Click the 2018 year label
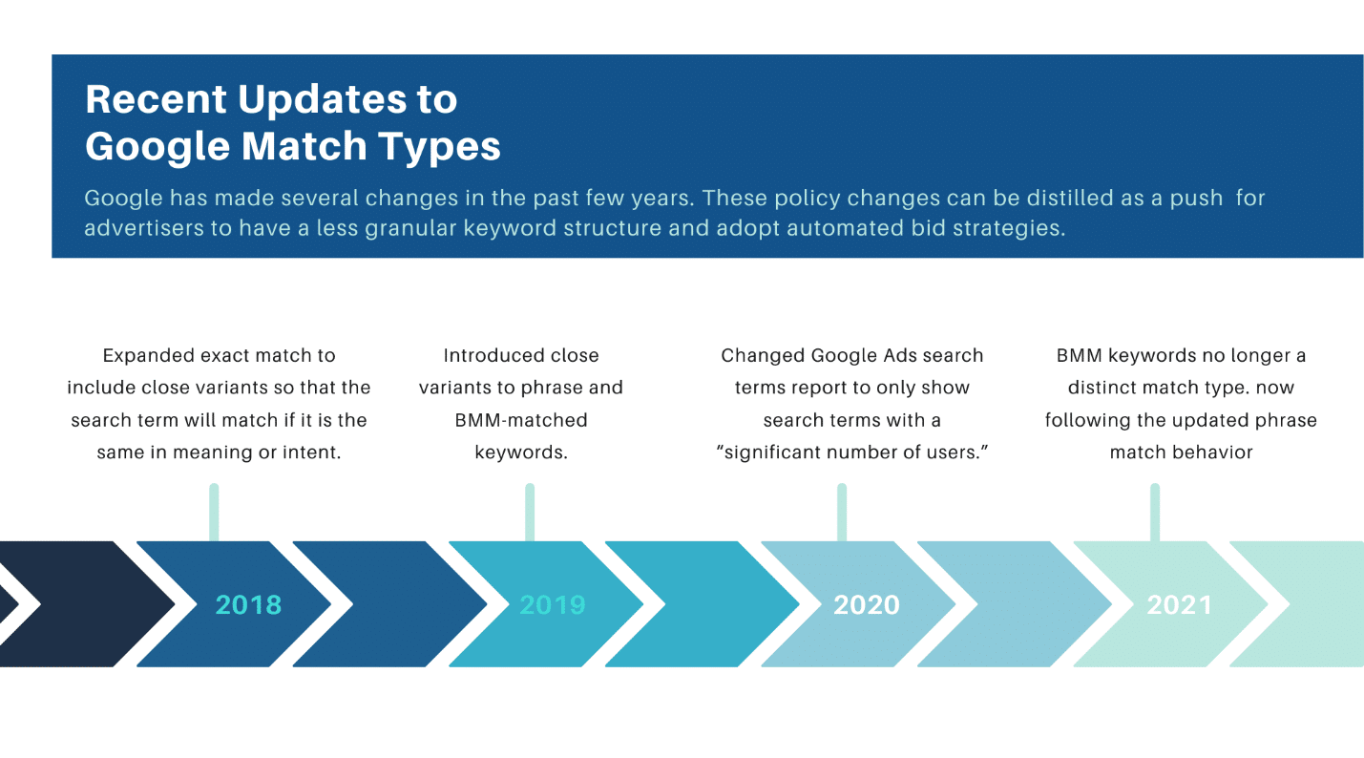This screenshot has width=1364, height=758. tap(248, 604)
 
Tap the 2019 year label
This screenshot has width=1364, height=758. tap(553, 604)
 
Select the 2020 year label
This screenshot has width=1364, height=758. tap(867, 604)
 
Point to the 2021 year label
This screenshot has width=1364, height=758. tap(1180, 604)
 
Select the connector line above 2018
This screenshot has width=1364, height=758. tap(214, 512)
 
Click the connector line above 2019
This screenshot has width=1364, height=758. tap(530, 512)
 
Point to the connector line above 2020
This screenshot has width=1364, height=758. tap(842, 512)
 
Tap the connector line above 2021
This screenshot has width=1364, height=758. tap(1155, 512)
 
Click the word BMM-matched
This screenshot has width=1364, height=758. tap(521, 420)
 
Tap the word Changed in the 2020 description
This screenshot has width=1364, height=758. tap(763, 355)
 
